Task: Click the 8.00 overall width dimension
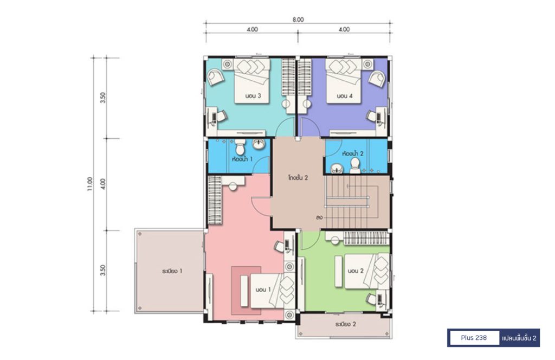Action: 298,20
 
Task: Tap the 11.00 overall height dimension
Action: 90,184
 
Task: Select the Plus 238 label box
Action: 474,338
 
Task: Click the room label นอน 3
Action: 253,96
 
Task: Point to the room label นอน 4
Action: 344,96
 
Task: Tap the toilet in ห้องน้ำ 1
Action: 240,146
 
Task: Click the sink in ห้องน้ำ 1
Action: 259,144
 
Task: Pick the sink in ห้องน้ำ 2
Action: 337,169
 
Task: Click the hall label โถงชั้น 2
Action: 298,178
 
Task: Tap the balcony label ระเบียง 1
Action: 172,271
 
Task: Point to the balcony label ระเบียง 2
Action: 345,324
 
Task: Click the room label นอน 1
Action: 263,290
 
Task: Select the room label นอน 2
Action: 356,271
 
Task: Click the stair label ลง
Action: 319,217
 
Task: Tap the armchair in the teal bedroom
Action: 215,77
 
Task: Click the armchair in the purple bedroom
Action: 377,78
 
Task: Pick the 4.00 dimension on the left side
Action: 102,184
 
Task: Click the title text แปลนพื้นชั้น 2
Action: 519,338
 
